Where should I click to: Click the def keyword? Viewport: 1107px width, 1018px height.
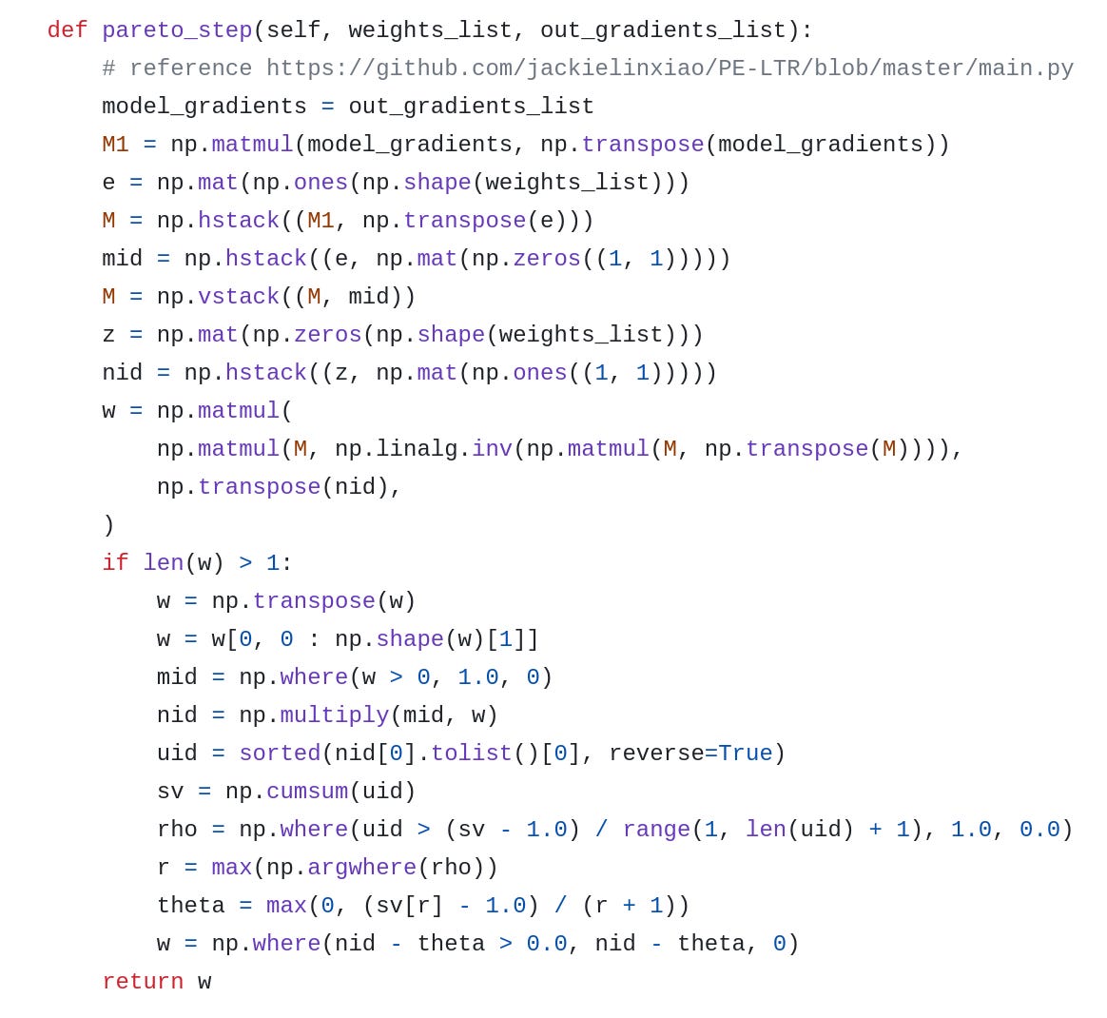(x=68, y=30)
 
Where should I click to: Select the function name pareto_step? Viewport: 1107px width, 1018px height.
(x=177, y=30)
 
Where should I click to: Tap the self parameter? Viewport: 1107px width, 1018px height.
(x=293, y=30)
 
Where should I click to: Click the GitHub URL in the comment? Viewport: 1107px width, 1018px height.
(x=670, y=69)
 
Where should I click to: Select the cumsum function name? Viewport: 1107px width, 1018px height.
(x=307, y=792)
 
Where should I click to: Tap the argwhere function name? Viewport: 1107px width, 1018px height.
(x=361, y=868)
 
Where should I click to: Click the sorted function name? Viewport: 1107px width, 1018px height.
(x=280, y=754)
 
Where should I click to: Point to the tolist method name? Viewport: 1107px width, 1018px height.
(x=472, y=754)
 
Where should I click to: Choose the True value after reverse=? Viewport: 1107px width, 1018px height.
(x=745, y=754)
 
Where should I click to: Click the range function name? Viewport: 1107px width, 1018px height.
(x=656, y=830)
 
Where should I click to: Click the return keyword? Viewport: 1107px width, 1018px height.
(x=143, y=982)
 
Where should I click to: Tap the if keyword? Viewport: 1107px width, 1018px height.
(x=115, y=563)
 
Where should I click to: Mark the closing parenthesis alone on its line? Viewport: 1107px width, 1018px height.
(x=108, y=525)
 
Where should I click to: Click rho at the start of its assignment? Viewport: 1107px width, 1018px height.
(x=177, y=830)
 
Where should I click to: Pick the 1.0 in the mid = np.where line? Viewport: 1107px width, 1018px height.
(x=478, y=677)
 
